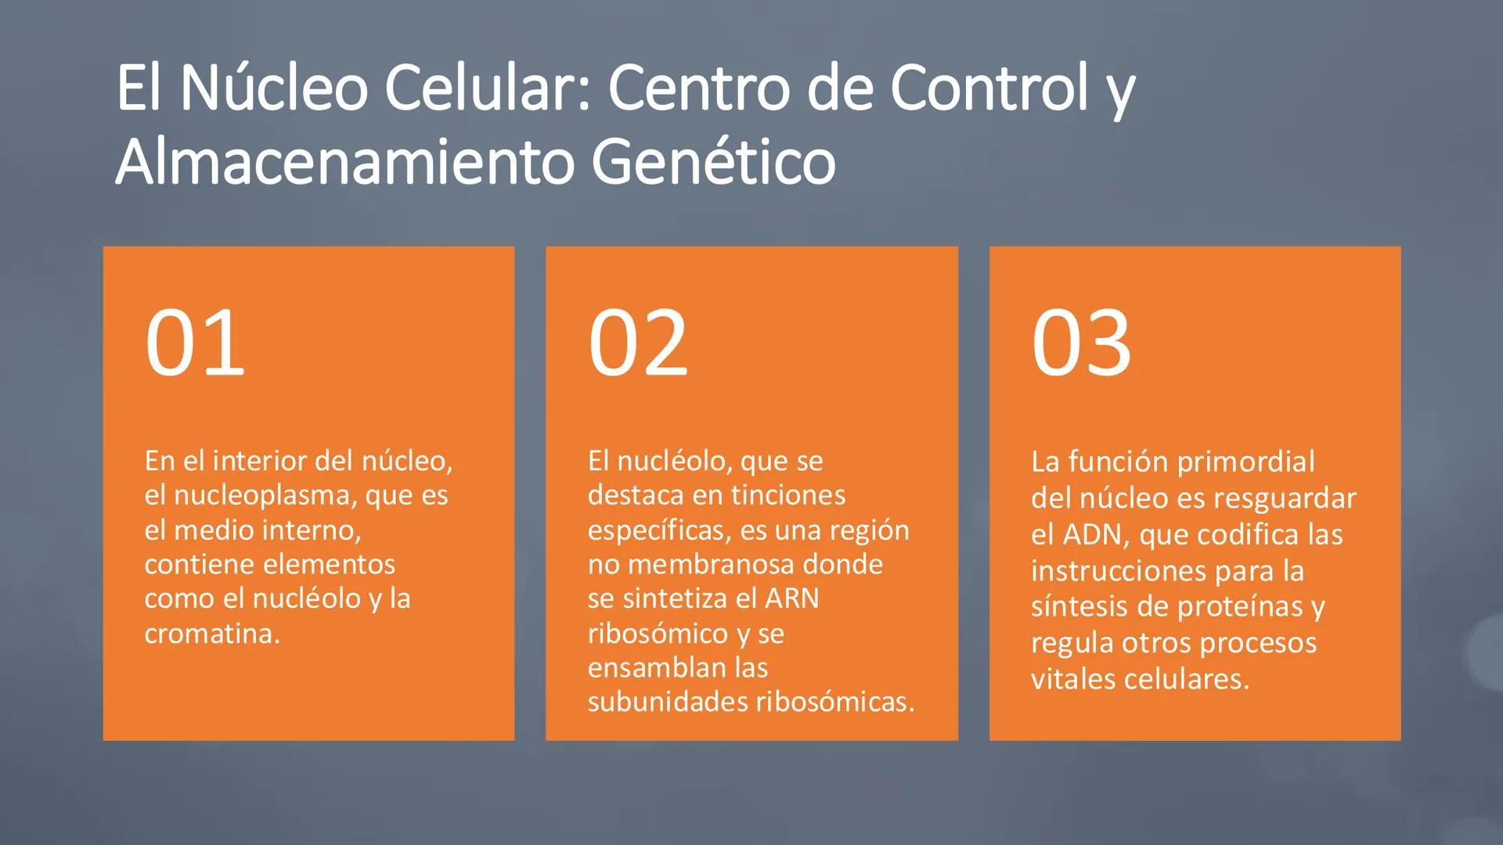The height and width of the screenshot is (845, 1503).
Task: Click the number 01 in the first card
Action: (194, 343)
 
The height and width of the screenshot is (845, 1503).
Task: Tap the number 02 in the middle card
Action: (637, 343)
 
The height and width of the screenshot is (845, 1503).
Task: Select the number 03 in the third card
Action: (1081, 343)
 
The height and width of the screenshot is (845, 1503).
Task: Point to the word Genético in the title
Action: (713, 162)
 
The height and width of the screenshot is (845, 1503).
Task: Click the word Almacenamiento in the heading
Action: (347, 162)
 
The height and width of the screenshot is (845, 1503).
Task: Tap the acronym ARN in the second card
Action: (791, 599)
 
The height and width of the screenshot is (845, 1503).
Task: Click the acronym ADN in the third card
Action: (1094, 535)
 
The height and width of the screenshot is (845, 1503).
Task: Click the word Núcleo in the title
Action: (274, 88)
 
